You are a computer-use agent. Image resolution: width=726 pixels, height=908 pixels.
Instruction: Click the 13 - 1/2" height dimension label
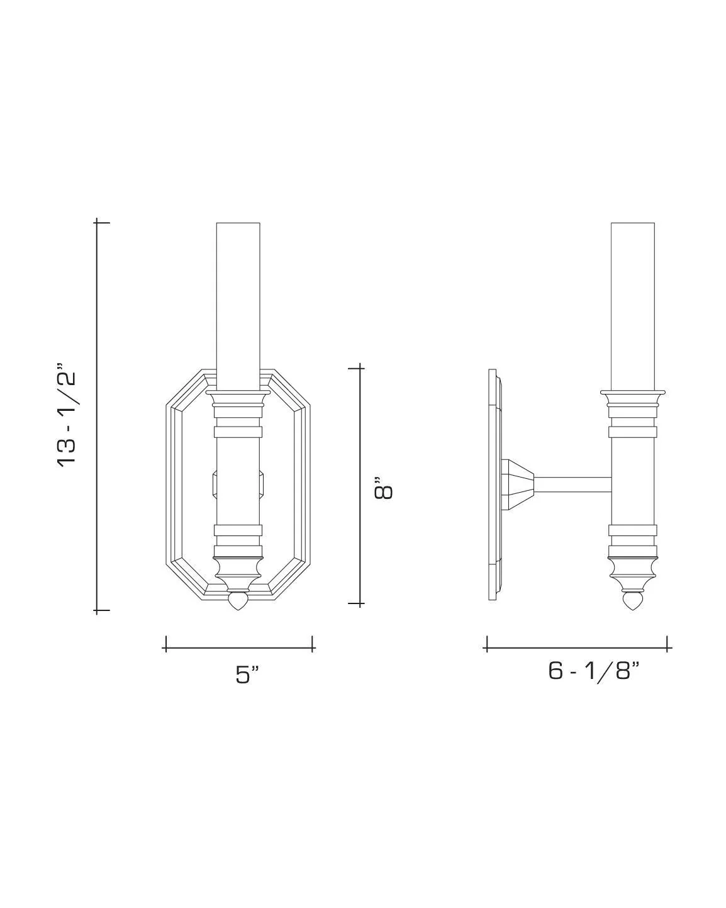click(67, 414)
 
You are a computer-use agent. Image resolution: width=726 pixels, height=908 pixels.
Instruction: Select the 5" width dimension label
click(247, 674)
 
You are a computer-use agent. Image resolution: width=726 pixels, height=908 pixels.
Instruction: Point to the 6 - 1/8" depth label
click(593, 671)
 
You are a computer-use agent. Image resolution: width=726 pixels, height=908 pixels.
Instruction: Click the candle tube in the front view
click(238, 302)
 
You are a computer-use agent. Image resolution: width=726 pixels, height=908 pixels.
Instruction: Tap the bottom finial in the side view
click(632, 602)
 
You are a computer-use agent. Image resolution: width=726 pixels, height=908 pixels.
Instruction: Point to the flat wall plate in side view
click(493, 485)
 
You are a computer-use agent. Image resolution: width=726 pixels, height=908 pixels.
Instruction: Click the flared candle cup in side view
click(632, 396)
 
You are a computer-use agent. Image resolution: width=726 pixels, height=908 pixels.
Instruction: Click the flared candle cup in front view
click(238, 396)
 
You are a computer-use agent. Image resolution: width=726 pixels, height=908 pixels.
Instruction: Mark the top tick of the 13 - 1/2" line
click(97, 221)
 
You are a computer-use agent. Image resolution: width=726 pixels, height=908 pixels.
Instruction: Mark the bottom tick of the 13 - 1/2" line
click(97, 610)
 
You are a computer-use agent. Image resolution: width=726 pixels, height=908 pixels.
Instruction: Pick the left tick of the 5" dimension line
click(165, 644)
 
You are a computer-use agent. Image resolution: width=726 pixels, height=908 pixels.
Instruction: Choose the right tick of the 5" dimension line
click(313, 644)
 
